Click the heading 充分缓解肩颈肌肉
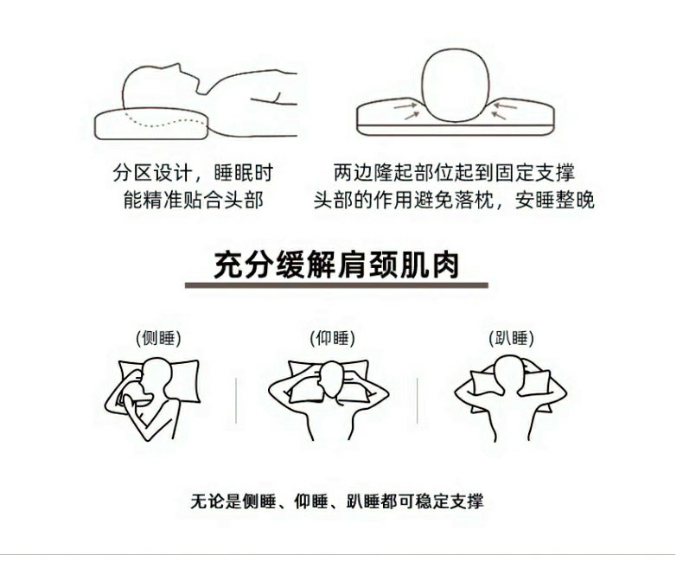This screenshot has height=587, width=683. click(x=336, y=265)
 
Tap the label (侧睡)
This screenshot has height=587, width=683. click(x=158, y=338)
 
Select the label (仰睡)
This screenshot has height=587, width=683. click(x=332, y=338)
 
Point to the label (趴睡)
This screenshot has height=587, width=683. click(x=511, y=338)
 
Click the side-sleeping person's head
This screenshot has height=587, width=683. click(x=156, y=377)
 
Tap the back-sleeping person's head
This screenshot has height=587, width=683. click(x=331, y=379)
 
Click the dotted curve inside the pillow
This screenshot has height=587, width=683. click(x=165, y=121)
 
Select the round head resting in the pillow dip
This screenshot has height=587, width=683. click(x=455, y=85)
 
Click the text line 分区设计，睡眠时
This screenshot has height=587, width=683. click(x=193, y=172)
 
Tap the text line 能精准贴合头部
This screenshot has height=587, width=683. click(x=194, y=200)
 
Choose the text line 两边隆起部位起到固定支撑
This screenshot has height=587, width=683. click(x=454, y=172)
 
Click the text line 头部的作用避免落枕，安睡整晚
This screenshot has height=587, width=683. click(x=454, y=200)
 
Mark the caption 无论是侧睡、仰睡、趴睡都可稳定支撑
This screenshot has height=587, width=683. click(x=336, y=501)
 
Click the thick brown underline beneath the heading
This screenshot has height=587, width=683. click(x=336, y=285)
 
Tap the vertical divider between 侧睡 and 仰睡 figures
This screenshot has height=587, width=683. click(x=236, y=400)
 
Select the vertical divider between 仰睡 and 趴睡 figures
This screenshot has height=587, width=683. click(x=417, y=400)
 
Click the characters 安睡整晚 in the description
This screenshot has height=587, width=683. click(x=554, y=200)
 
